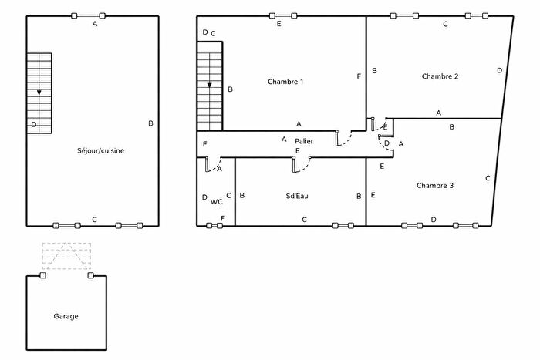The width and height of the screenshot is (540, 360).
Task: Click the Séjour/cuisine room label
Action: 101,150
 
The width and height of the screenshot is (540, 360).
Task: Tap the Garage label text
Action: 66,316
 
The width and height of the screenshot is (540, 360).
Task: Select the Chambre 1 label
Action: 285,82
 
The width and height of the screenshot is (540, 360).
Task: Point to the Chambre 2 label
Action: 440,76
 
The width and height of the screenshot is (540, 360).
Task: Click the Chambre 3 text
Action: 435,185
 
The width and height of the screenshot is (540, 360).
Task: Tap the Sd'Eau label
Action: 297,197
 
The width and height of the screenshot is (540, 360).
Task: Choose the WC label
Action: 217,201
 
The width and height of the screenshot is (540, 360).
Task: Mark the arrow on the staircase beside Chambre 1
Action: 209,86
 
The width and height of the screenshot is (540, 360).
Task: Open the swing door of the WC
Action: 214,165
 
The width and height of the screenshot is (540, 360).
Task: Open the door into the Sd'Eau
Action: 302,163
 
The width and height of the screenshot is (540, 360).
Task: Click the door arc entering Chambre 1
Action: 345,139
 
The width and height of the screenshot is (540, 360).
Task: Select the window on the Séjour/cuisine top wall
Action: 88,15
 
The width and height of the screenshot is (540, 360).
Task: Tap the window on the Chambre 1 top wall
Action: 282,15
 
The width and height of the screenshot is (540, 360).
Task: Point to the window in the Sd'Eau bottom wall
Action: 345,226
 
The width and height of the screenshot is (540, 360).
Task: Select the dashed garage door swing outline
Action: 66,256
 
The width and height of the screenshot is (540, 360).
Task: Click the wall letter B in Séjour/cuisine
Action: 150,123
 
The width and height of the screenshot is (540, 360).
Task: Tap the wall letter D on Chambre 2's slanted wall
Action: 499,70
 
